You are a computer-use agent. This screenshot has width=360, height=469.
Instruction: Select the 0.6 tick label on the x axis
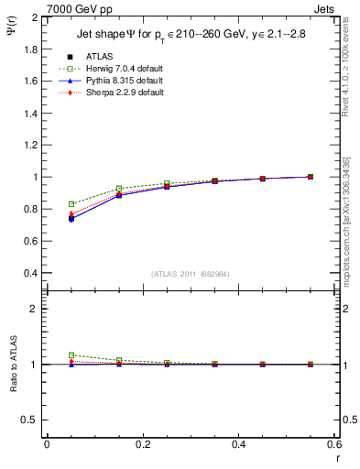[333, 443]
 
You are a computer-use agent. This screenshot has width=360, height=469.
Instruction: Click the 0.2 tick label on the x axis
[142, 443]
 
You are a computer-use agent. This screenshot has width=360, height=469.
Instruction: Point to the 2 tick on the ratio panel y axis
[35, 309]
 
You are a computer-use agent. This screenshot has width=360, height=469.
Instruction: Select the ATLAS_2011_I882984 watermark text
[190, 275]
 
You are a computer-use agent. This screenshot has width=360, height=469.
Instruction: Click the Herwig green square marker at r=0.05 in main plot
[71, 204]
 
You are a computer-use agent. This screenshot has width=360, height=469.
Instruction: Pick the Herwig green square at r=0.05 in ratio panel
[71, 355]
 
